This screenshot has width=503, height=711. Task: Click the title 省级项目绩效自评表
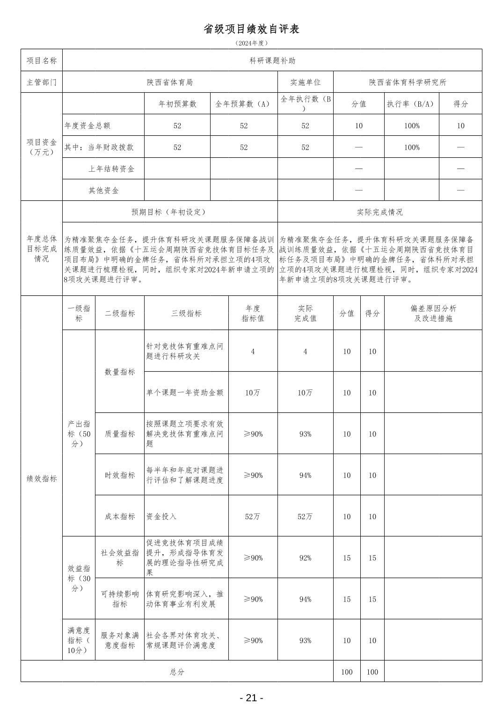(x=251, y=29)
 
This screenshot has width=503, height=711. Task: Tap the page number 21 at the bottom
(x=251, y=698)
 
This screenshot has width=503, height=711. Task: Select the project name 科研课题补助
(x=272, y=60)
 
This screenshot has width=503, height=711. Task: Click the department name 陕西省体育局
(x=169, y=82)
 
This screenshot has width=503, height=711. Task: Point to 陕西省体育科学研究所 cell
(x=408, y=82)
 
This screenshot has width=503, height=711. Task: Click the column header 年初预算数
(x=177, y=104)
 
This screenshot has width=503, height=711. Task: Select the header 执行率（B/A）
(x=412, y=104)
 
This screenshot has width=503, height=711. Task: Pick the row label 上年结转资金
(x=111, y=169)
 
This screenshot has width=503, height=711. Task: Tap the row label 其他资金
(x=104, y=191)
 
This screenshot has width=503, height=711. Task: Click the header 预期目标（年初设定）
(x=169, y=212)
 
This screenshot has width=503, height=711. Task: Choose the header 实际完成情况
(x=379, y=212)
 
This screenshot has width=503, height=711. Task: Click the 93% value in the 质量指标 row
(x=305, y=434)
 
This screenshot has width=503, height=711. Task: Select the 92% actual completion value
(x=305, y=557)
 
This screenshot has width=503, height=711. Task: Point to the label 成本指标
(x=120, y=516)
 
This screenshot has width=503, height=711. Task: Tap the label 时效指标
(x=120, y=475)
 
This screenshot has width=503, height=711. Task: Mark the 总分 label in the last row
(x=177, y=672)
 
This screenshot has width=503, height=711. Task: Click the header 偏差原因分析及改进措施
(x=433, y=313)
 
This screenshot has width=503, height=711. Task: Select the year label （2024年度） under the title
(x=251, y=43)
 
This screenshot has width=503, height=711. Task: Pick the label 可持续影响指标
(x=120, y=599)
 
